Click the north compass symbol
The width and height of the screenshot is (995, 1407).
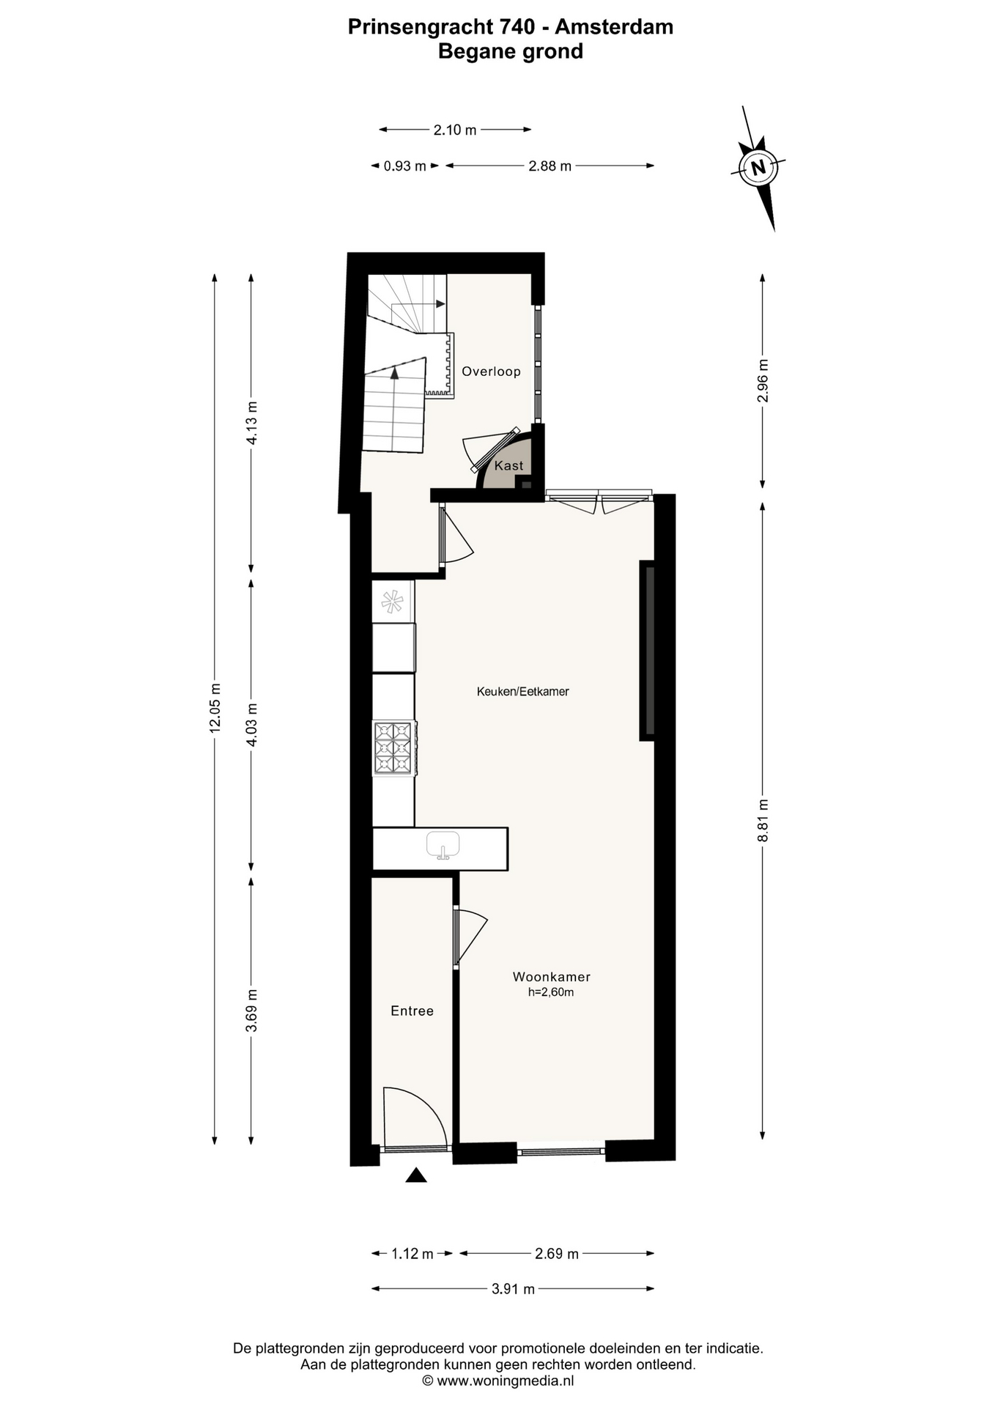[759, 167]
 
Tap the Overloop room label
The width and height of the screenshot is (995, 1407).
[491, 372]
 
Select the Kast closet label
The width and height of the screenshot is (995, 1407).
[508, 465]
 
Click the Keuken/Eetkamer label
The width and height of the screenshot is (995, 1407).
[522, 691]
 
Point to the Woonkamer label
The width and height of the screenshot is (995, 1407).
[551, 977]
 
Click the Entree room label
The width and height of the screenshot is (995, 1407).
[412, 1011]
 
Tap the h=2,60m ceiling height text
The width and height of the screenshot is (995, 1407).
[550, 992]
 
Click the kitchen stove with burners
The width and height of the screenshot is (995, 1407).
[394, 748]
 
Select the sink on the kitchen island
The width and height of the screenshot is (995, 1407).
[443, 845]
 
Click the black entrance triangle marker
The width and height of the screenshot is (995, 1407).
[416, 1175]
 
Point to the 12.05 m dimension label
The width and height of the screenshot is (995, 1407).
[215, 708]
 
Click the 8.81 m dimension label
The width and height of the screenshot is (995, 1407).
[763, 820]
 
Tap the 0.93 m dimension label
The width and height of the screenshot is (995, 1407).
[404, 166]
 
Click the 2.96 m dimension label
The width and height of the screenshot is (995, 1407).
[763, 380]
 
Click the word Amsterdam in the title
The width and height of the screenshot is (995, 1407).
[614, 27]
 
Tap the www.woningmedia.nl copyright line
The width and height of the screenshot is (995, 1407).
[498, 1381]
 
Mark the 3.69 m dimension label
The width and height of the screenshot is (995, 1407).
[251, 1010]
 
